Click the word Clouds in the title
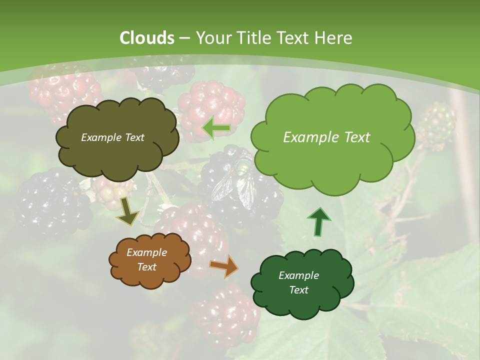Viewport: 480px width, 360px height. (146, 38)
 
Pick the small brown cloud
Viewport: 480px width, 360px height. (149, 259)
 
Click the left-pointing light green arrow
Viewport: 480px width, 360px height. (216, 128)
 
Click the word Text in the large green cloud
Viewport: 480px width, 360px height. (353, 137)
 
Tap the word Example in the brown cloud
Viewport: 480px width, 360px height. (146, 252)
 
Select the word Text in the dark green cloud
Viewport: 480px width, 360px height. (298, 290)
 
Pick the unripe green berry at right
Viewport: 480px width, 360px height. (436, 125)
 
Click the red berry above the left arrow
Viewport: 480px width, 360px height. (212, 102)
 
